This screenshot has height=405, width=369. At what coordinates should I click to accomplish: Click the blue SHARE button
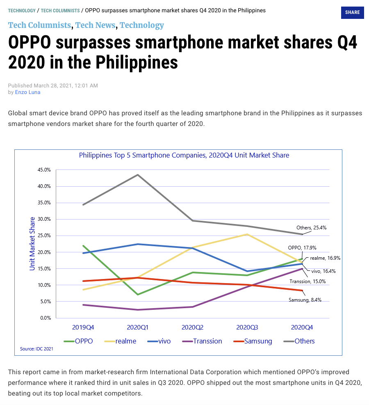tap(352, 12)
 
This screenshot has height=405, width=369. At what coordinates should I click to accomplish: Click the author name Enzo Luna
tap(27, 92)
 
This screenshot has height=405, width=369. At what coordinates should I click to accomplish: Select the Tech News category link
tap(95, 25)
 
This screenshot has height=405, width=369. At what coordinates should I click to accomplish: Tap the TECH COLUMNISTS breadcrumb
tap(60, 11)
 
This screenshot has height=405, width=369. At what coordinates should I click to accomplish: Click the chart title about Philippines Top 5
tap(184, 155)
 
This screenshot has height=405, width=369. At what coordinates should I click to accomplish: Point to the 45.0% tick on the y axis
tap(44, 170)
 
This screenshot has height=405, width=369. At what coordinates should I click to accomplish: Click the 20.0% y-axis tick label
tap(44, 252)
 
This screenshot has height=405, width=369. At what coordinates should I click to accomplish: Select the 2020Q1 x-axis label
tap(138, 327)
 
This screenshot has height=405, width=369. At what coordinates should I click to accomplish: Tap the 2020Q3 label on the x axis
tap(247, 327)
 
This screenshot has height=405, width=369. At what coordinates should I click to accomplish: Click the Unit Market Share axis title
tap(32, 244)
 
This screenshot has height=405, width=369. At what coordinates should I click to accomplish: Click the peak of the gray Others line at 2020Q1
tap(138, 175)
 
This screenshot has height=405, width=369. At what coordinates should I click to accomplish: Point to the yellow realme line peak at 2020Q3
tap(247, 234)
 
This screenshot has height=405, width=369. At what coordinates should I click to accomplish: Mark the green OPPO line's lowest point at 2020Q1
tap(138, 295)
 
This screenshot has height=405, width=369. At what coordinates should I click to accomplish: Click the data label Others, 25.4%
tap(311, 227)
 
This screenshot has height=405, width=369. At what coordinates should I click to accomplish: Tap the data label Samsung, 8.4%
tap(305, 300)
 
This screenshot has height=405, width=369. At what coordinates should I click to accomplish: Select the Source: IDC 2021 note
tap(36, 349)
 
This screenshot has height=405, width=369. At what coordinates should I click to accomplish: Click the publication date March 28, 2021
tap(66, 86)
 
